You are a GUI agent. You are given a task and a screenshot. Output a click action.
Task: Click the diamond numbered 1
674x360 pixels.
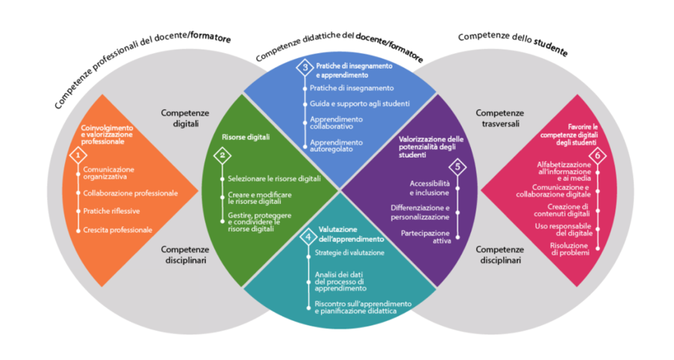(77, 155)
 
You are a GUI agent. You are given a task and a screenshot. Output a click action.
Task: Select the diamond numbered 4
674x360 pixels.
(308, 238)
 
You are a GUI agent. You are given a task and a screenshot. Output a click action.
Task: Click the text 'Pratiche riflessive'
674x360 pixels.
(111, 211)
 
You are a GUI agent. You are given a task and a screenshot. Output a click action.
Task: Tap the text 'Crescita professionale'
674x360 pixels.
(117, 230)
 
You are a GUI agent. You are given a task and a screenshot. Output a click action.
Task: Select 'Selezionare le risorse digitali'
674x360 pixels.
(274, 179)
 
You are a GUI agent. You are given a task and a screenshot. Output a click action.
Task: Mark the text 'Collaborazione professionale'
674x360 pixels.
(130, 193)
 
